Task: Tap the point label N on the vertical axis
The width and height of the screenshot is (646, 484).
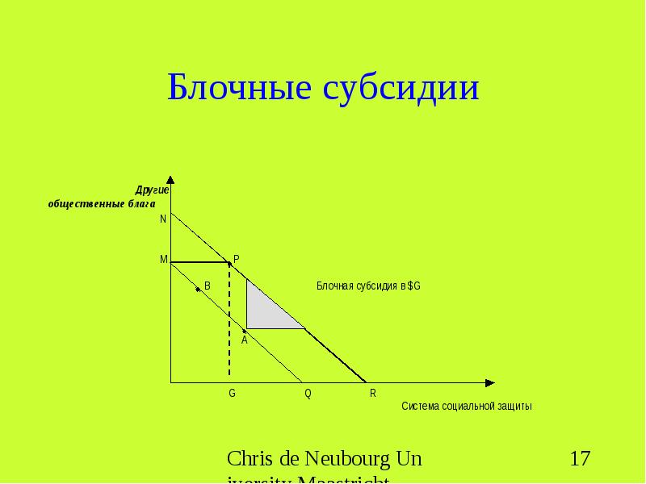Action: click(163, 219)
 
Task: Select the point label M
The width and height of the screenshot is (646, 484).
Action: click(163, 260)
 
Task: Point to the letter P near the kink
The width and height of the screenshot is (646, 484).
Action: click(237, 259)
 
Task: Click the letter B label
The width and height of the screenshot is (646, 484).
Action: click(208, 286)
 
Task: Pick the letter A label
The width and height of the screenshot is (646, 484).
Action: click(244, 340)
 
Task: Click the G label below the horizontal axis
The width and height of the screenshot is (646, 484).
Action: click(232, 394)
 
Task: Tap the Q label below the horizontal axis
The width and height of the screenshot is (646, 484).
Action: click(308, 394)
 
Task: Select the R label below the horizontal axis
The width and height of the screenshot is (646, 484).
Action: click(373, 394)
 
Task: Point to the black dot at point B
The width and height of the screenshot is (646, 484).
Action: click(198, 289)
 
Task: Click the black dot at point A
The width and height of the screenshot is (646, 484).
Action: click(244, 329)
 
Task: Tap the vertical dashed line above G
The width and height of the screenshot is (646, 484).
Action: click(229, 323)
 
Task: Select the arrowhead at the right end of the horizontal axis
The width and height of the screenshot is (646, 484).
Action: click(489, 382)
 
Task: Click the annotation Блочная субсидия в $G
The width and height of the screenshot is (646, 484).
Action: click(367, 286)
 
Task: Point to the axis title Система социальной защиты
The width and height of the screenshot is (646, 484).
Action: click(467, 406)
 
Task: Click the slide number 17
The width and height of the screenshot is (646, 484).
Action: click(580, 460)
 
